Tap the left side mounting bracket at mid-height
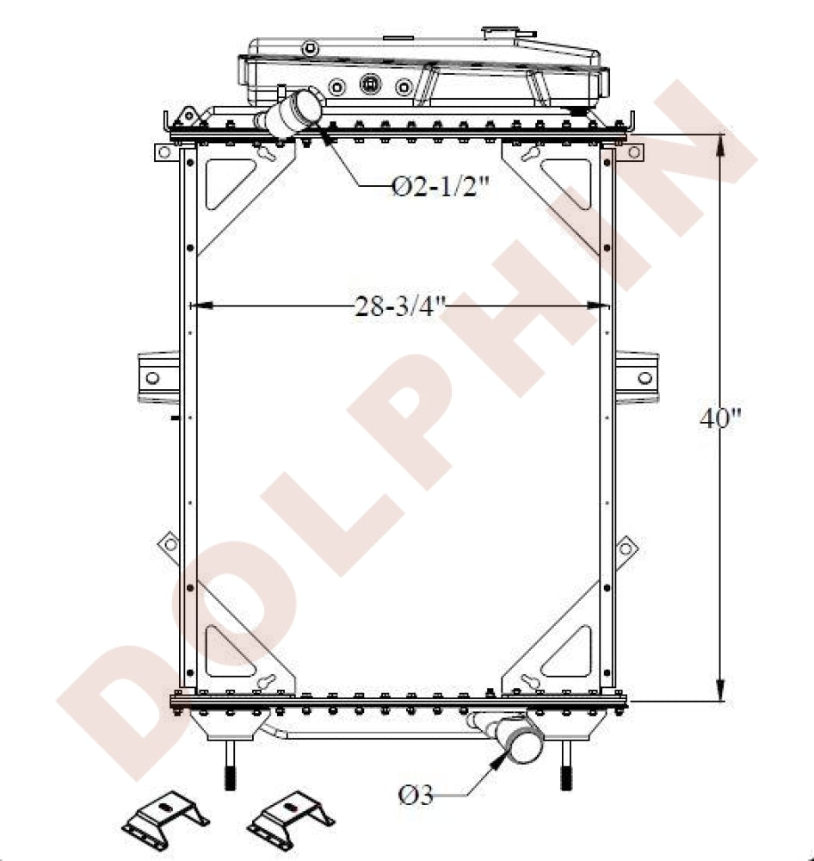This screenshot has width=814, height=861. click(155, 377)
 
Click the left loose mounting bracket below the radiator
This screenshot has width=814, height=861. click(165, 817)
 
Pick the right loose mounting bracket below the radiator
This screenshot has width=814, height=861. click(289, 817)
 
